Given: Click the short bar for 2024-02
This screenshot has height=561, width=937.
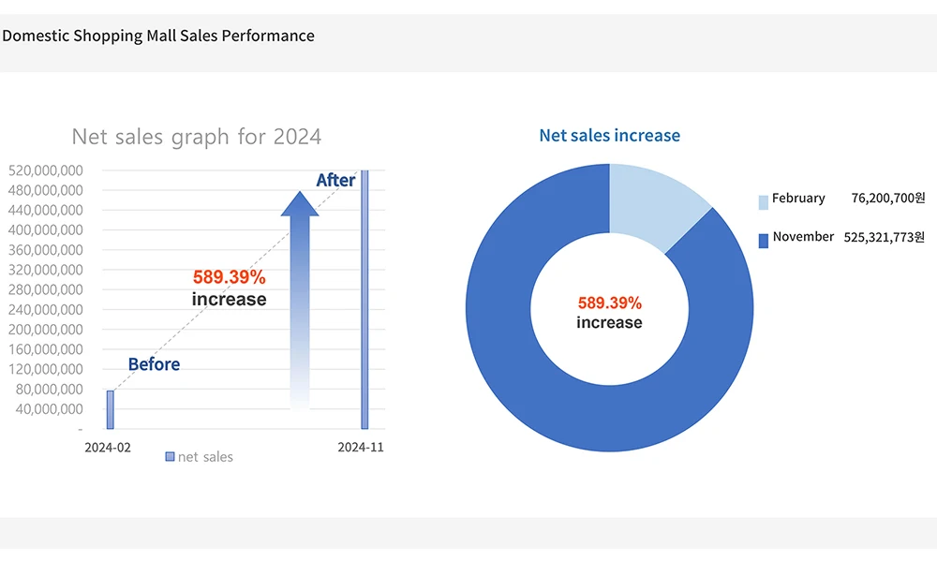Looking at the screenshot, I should [x=110, y=409].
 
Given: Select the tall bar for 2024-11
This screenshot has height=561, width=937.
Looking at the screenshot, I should [x=364, y=300].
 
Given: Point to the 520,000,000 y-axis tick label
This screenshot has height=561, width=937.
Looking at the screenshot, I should [x=45, y=170].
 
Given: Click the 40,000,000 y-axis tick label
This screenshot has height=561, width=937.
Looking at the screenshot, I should [x=49, y=409].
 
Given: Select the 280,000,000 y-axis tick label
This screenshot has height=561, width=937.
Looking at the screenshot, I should [x=45, y=289].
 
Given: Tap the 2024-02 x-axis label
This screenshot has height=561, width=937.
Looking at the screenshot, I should [x=108, y=448].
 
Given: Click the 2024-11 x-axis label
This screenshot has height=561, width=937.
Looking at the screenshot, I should [x=361, y=448].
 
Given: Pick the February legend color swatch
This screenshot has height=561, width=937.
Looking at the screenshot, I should [x=763, y=200].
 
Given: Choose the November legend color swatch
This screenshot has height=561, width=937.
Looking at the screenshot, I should [x=763, y=240].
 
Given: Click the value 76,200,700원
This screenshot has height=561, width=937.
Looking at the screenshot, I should [x=887, y=199].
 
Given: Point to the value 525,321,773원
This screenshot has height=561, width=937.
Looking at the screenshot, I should [x=884, y=238].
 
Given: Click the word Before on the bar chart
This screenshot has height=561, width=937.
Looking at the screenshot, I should [x=154, y=364].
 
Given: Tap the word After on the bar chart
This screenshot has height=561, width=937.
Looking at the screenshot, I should [x=335, y=180].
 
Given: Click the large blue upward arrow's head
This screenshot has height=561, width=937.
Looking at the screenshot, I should [x=300, y=204].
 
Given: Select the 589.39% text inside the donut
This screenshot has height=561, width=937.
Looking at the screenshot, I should [x=609, y=303].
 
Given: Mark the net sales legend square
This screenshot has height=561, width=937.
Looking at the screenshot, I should [x=170, y=456].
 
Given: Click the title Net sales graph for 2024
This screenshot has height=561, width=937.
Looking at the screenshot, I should [x=197, y=137].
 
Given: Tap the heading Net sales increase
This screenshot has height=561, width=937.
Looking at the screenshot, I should [x=609, y=136].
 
